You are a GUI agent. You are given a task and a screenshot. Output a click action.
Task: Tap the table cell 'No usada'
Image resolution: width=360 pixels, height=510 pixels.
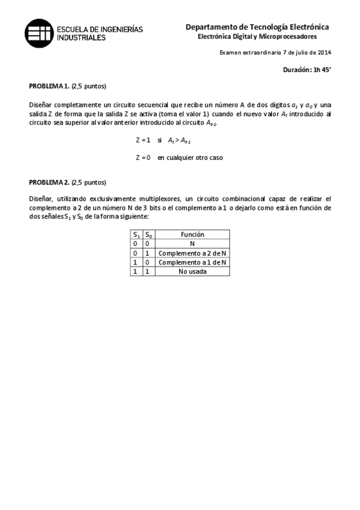click(192, 271)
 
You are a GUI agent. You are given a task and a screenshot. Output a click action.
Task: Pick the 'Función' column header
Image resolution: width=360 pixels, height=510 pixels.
click(192, 235)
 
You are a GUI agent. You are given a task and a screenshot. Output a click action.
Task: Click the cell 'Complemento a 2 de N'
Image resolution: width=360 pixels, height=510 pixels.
click(192, 253)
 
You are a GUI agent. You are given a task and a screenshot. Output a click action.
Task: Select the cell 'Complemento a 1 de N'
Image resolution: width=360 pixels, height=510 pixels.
click(192, 262)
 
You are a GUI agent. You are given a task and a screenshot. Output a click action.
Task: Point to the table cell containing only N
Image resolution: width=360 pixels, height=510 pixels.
click(192, 244)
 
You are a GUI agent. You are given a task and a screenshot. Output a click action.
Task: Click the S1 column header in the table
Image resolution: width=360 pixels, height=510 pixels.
click(136, 235)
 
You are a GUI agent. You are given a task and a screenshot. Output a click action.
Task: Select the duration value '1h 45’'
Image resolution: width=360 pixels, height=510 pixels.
click(322, 70)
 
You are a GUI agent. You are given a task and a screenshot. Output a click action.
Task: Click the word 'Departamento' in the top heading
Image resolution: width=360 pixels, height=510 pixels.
click(211, 27)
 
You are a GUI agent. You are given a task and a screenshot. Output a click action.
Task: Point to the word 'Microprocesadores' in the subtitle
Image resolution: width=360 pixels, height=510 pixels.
click(291, 37)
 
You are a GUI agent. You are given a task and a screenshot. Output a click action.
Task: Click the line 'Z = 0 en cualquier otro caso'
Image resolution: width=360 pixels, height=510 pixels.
click(181, 158)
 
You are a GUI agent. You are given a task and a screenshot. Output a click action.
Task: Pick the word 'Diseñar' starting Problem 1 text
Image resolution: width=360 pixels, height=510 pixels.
click(41, 104)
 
